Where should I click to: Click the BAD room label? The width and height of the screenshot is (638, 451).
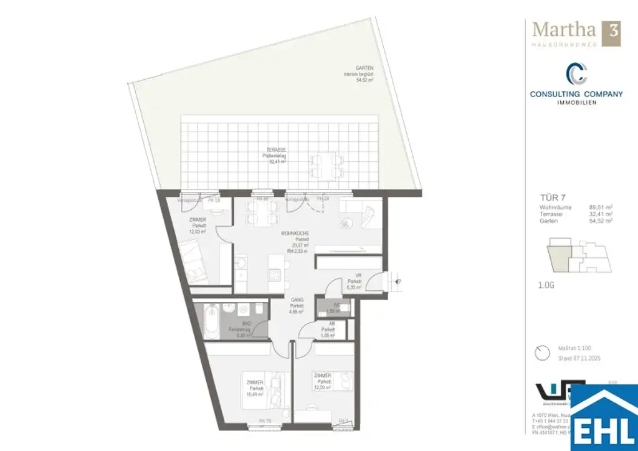(x=247, y=324)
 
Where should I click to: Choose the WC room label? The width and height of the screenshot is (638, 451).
(x=336, y=305)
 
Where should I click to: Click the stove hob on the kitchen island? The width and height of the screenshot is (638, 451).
(x=275, y=275)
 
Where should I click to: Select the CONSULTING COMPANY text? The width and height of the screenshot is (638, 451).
(x=576, y=94)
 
